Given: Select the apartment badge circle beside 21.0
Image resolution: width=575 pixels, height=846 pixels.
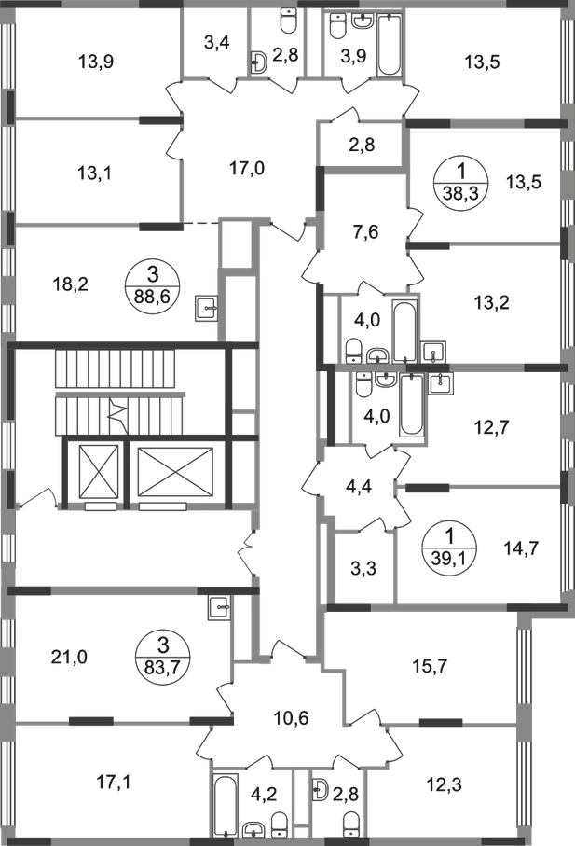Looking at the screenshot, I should [155, 650].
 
